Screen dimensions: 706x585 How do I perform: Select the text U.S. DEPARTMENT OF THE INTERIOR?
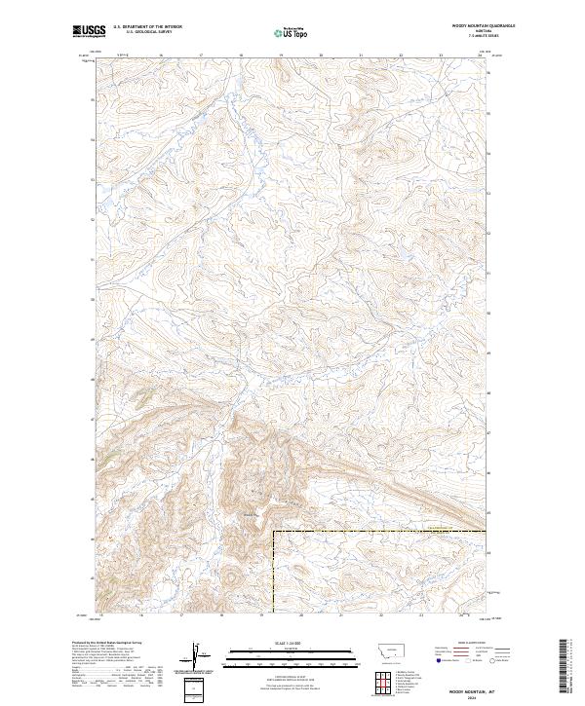point(147,27)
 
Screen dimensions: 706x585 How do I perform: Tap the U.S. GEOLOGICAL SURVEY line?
point(147,32)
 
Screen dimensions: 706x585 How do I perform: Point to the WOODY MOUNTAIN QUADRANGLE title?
point(482,25)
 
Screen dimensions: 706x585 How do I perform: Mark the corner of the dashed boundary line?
point(273,532)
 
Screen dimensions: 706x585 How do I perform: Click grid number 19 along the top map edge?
point(281,56)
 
